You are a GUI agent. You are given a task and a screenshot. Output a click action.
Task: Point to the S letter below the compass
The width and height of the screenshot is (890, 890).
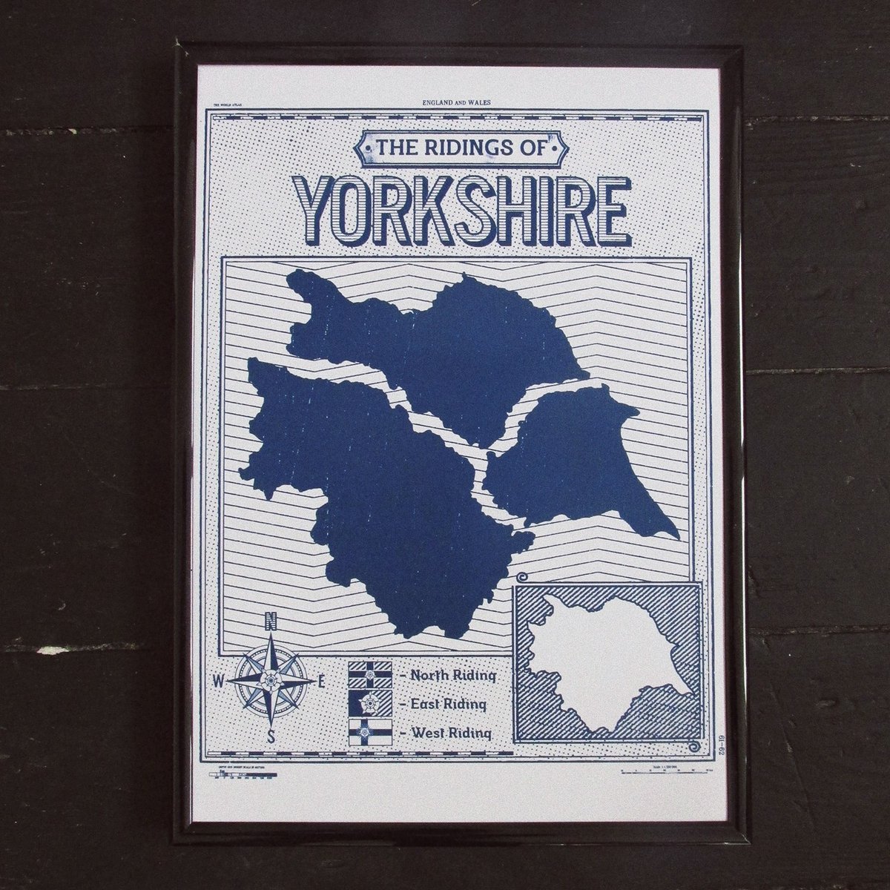pyautogui.click(x=271, y=736)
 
